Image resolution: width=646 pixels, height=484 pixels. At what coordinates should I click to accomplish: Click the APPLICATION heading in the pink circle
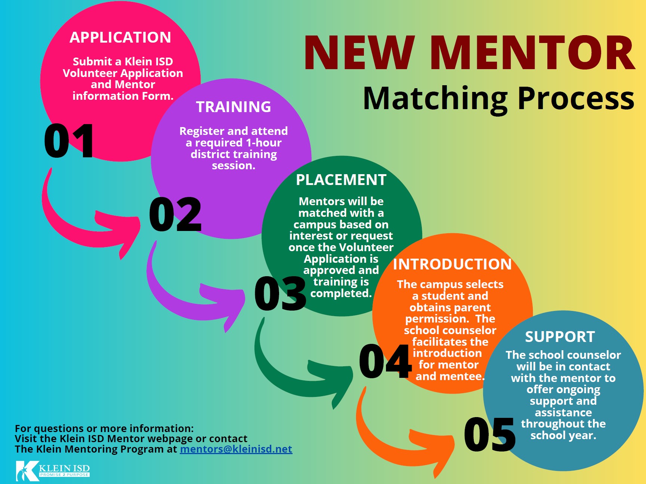120,37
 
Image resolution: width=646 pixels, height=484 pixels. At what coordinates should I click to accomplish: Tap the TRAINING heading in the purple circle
234,107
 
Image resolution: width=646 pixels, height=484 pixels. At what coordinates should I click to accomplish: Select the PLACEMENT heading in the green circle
341,180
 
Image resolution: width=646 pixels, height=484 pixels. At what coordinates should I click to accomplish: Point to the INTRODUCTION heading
452,264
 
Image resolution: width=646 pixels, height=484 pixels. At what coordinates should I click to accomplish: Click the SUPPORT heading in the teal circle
560,337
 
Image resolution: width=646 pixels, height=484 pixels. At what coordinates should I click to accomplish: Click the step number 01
69,141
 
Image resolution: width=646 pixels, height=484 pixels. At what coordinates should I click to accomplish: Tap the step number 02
175,214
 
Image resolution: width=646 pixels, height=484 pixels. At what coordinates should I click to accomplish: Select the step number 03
280,294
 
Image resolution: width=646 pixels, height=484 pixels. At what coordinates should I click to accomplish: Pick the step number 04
385,361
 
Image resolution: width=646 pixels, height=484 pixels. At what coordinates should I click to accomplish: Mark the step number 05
489,434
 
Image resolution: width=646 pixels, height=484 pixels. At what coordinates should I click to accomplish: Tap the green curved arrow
295,374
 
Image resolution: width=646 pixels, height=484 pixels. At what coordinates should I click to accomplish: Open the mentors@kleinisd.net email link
236,449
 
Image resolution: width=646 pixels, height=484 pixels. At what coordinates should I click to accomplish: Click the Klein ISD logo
53,471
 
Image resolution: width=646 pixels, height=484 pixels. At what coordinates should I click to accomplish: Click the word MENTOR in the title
534,53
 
